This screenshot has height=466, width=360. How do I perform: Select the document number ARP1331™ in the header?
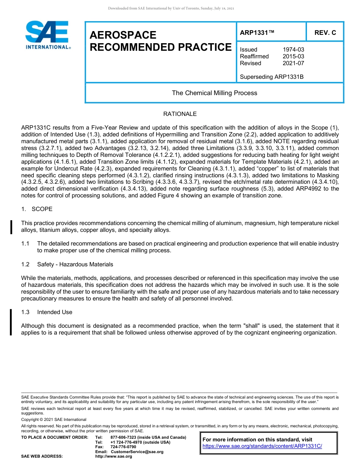pos(257,33)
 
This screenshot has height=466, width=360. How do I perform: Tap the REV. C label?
pos(325,33)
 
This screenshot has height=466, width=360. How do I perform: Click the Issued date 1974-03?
pos(293,50)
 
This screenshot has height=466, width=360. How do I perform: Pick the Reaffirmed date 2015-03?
pos(293,56)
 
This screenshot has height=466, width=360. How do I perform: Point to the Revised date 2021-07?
pos(293,63)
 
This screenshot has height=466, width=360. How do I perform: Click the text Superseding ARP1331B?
pos(272,77)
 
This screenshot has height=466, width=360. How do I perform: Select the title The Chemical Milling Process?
pos(214,93)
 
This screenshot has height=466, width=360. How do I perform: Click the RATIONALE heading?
pos(180,114)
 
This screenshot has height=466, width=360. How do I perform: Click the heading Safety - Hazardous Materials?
pos(75,264)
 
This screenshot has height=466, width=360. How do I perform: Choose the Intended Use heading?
pos(55,312)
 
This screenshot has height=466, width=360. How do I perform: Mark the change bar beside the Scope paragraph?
pos(11,227)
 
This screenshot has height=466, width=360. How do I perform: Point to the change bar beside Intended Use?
pos(11,322)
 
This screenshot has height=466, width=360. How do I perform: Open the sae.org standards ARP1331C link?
pos(262,446)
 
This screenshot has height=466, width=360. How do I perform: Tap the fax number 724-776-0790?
pos(123,447)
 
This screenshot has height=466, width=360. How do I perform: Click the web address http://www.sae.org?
pos(114,457)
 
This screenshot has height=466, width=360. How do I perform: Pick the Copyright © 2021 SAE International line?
pos(54,419)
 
